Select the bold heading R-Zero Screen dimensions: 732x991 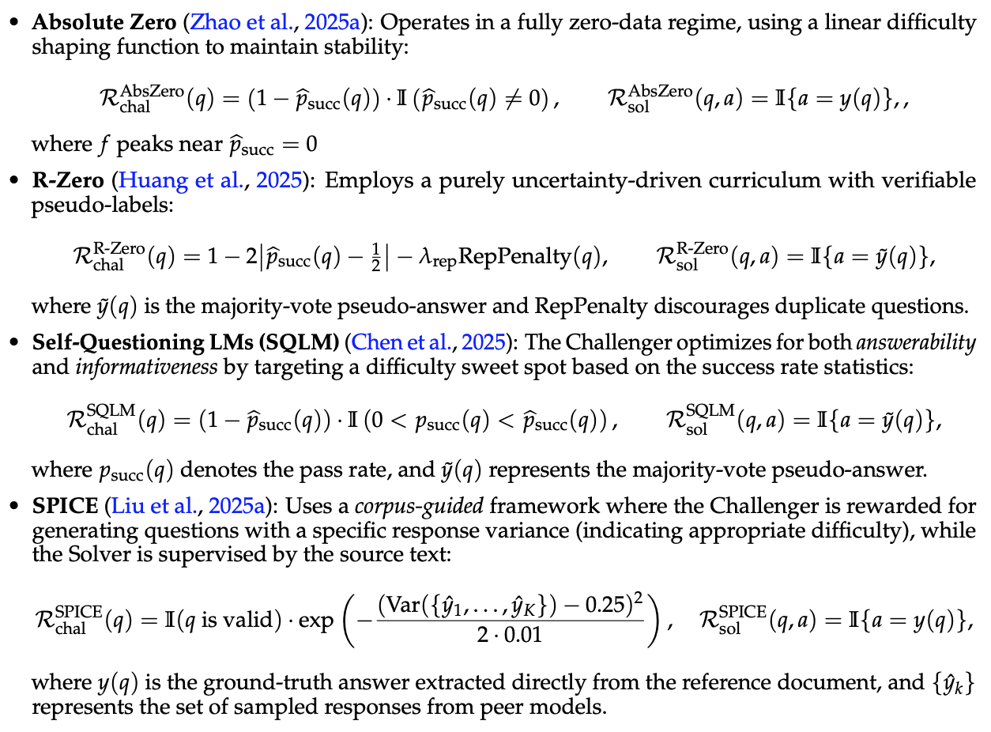tap(68, 180)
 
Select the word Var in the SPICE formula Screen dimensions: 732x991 tap(401, 606)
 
